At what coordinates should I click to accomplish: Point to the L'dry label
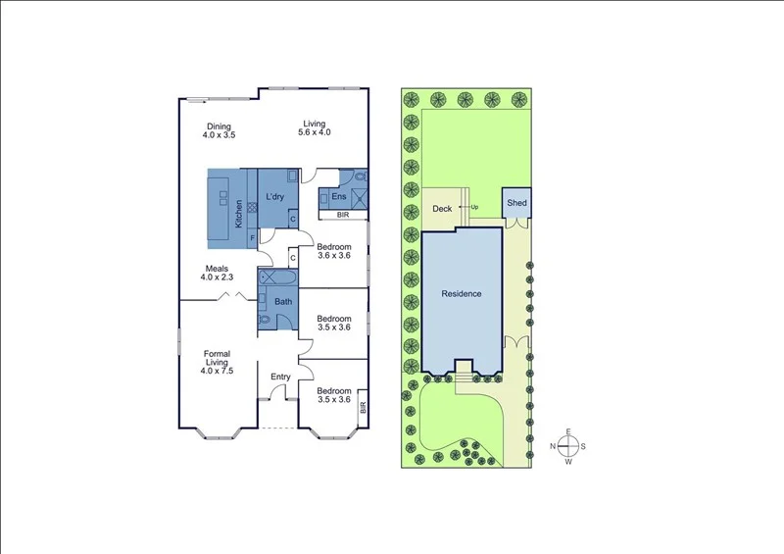(x=274, y=197)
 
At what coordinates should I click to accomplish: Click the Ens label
(x=339, y=197)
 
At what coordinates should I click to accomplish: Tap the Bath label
(x=282, y=301)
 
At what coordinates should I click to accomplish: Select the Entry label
(x=280, y=376)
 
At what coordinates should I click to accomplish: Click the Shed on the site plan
(x=516, y=203)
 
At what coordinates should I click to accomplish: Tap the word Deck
(x=441, y=209)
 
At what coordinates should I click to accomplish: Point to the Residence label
(x=462, y=293)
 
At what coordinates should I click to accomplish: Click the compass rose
(x=567, y=447)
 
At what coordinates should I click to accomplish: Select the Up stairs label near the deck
(x=475, y=207)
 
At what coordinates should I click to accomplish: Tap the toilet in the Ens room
(x=360, y=177)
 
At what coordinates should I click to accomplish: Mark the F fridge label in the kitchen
(x=252, y=237)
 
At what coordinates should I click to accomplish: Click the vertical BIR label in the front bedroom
(x=363, y=407)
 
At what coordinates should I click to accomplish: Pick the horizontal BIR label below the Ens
(x=343, y=214)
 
